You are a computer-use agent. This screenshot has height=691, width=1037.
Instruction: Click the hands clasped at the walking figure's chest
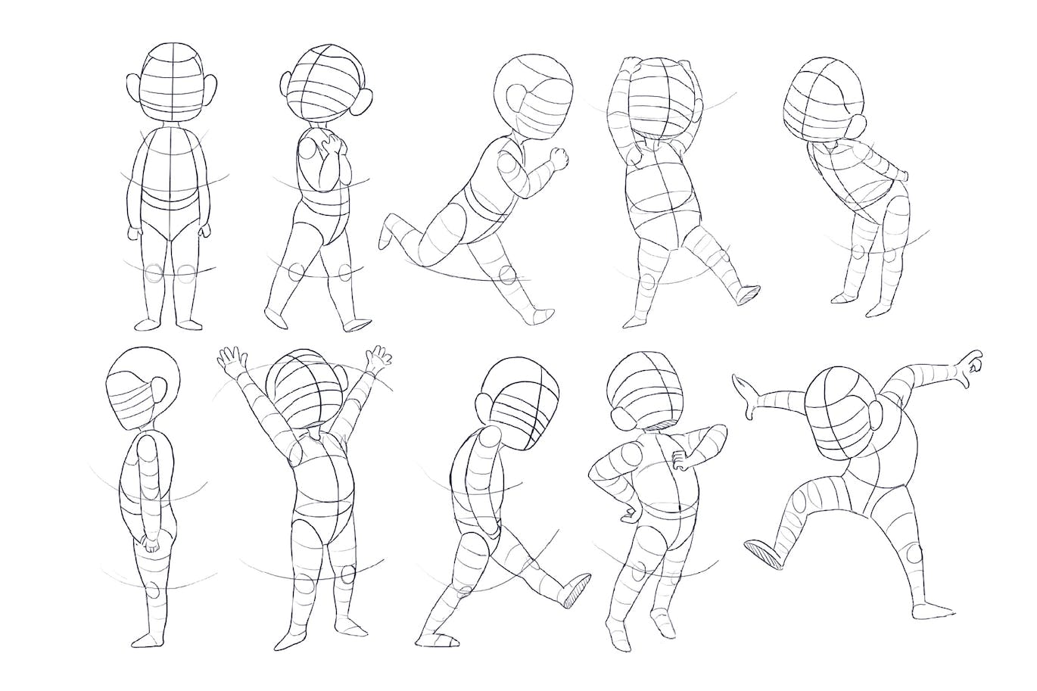(332, 151)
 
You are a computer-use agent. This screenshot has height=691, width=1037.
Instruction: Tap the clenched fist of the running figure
(559, 157)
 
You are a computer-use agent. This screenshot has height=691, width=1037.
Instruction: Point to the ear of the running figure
(516, 98)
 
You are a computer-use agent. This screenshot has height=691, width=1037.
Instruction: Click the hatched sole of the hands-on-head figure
(749, 294)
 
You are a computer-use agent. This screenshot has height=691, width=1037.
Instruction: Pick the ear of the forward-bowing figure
(858, 126)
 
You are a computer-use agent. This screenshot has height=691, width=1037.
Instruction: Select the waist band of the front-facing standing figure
(169, 201)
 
